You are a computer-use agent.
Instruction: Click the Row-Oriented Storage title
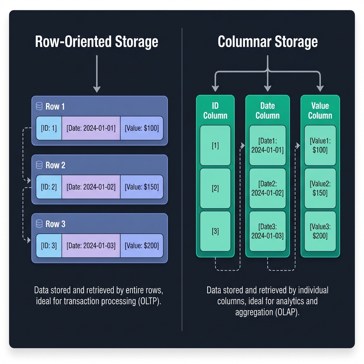pyautogui.click(x=97, y=42)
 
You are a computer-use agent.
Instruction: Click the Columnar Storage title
pyautogui.click(x=268, y=42)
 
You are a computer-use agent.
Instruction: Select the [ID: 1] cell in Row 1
pyautogui.click(x=49, y=128)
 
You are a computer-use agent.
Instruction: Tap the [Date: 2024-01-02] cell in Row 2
pyautogui.click(x=91, y=187)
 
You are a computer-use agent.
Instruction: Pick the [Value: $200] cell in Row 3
pyautogui.click(x=142, y=245)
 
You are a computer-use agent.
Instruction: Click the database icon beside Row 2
pyautogui.click(x=39, y=165)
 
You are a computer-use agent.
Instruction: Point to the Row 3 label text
pyautogui.click(x=55, y=224)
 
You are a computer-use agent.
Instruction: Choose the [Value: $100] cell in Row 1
pyautogui.click(x=142, y=128)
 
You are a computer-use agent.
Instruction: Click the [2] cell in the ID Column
pyautogui.click(x=215, y=188)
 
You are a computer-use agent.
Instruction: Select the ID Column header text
pyautogui.click(x=215, y=111)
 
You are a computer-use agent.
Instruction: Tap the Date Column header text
pyautogui.click(x=267, y=111)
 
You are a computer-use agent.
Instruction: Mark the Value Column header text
pyautogui.click(x=320, y=111)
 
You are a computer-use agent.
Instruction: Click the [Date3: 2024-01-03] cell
pyautogui.click(x=267, y=231)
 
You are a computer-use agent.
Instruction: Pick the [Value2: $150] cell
pyautogui.click(x=320, y=188)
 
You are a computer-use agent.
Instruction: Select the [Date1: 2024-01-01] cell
pyautogui.click(x=267, y=145)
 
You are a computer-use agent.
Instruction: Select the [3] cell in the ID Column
pyautogui.click(x=215, y=231)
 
